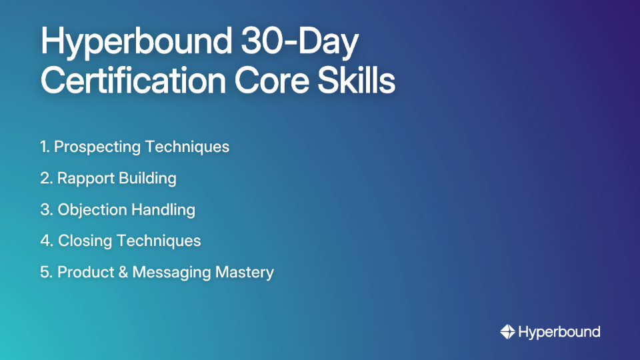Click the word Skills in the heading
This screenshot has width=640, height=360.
click(x=356, y=81)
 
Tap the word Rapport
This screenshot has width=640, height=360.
click(x=85, y=178)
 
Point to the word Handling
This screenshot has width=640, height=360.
click(x=163, y=209)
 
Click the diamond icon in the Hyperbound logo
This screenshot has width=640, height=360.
click(x=507, y=332)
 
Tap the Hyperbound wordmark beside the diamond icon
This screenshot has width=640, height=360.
click(x=559, y=332)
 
